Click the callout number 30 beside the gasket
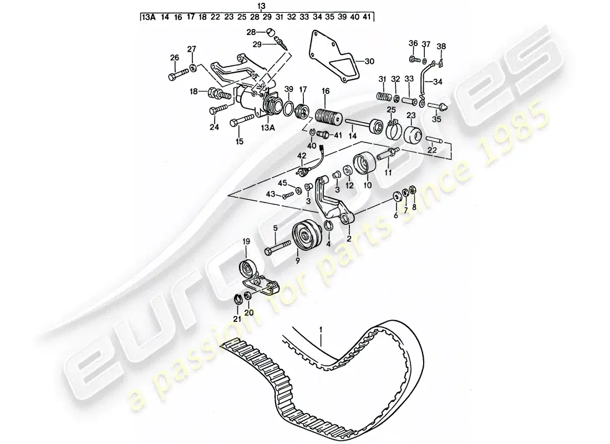click(x=369, y=61)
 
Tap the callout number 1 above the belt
click(x=321, y=330)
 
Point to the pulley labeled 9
click(x=307, y=236)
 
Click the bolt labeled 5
click(x=278, y=248)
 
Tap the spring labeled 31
click(x=384, y=96)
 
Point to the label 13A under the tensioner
click(x=268, y=128)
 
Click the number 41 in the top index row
click(x=366, y=17)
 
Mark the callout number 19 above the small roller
click(x=246, y=241)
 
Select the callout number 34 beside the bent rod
click(x=438, y=82)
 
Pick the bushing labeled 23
click(x=413, y=134)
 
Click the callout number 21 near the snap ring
click(x=237, y=319)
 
